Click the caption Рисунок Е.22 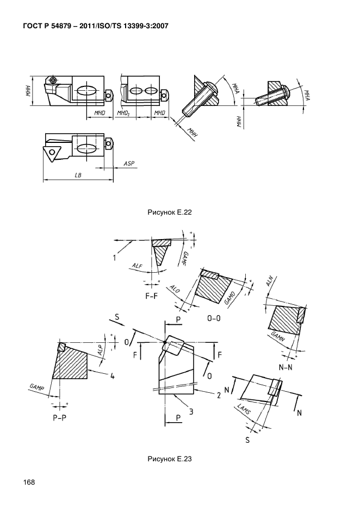click(x=170, y=212)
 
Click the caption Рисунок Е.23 click(x=170, y=459)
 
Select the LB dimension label click(x=78, y=175)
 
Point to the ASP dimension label click(x=129, y=164)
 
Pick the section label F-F click(x=152, y=296)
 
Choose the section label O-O click(x=214, y=318)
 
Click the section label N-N click(x=285, y=367)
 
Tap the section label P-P click(x=59, y=418)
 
